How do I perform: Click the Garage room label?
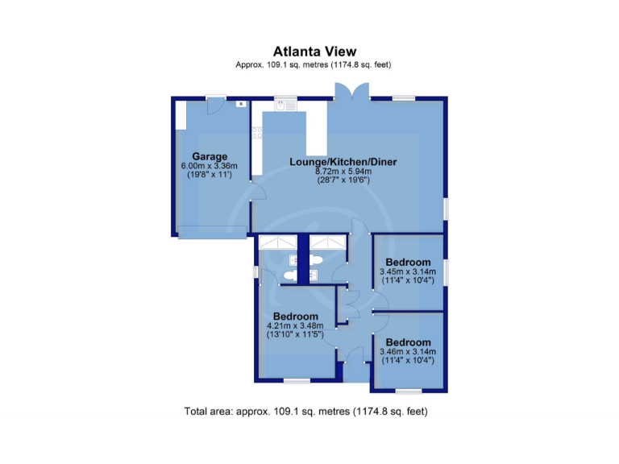coord(210,156)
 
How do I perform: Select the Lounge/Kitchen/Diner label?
coord(343,162)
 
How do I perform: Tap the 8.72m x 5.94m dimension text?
coord(343,172)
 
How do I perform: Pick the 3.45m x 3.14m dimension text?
coord(408,272)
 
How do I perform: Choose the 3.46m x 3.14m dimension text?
coord(408,352)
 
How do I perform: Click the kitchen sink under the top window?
coord(285,103)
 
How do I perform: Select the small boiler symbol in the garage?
coord(240,104)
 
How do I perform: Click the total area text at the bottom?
coord(305,412)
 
